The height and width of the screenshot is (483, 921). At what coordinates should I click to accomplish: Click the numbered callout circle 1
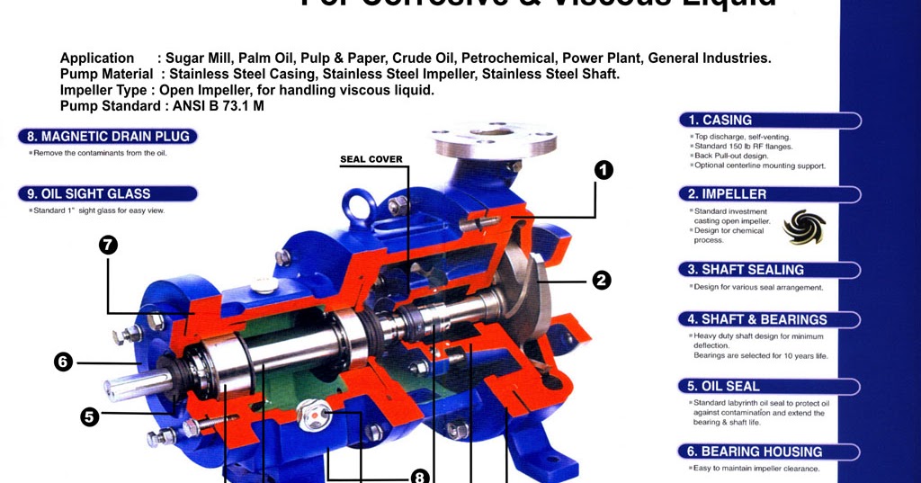tap(604, 169)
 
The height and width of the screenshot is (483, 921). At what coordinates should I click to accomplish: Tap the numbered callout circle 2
tap(601, 280)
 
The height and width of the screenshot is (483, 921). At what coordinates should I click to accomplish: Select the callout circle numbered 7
tap(109, 245)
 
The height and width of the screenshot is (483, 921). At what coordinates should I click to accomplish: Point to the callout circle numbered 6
tap(62, 362)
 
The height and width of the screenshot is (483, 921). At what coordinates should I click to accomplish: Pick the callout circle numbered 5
tap(89, 416)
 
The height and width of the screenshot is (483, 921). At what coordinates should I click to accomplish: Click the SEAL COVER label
tap(371, 159)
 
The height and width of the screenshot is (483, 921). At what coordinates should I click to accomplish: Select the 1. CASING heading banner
tap(769, 120)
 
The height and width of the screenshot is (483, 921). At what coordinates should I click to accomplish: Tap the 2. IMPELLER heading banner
tap(769, 193)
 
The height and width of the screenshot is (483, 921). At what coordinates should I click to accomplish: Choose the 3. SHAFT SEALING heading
tap(769, 269)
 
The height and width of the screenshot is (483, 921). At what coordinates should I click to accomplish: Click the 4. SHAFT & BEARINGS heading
tap(769, 319)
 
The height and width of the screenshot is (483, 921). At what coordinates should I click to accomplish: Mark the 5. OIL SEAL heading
tap(769, 386)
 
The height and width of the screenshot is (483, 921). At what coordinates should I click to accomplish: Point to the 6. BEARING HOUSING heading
tap(769, 452)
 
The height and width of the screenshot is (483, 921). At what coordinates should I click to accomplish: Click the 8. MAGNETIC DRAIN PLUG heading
tap(108, 137)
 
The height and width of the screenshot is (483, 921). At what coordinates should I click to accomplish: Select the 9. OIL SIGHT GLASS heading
tap(108, 193)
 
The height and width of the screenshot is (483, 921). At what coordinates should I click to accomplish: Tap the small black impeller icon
tap(803, 227)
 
